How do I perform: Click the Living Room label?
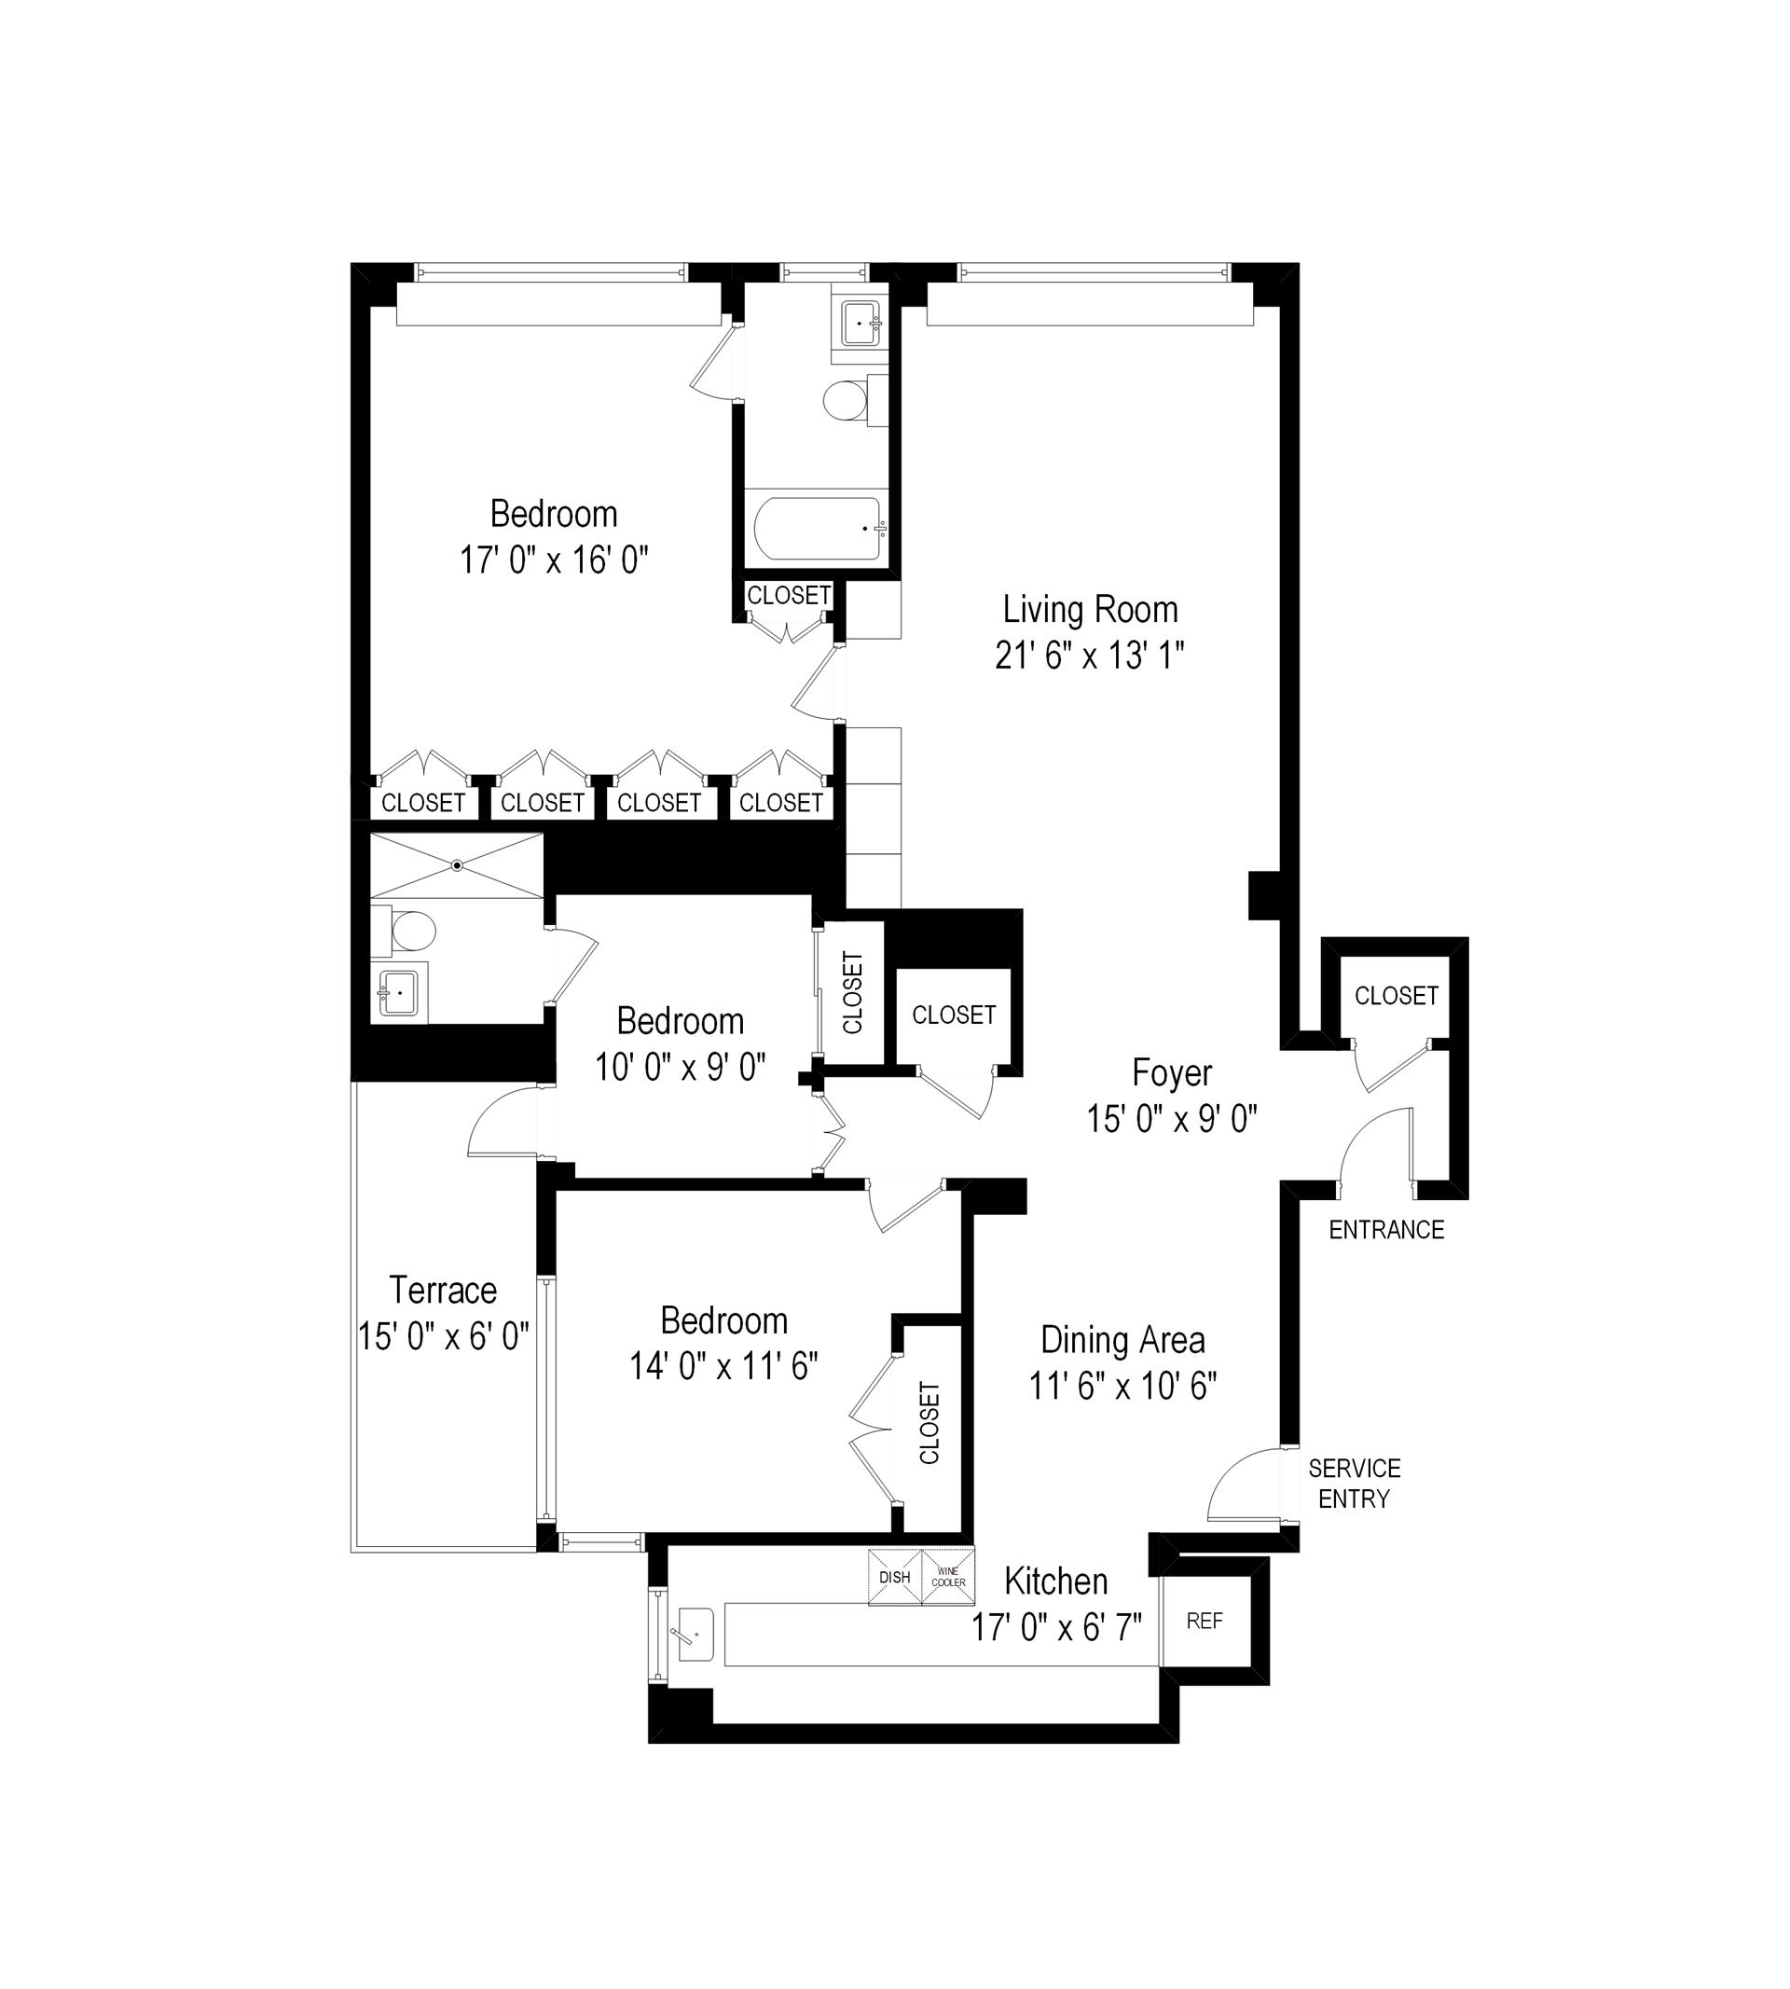pos(1090,610)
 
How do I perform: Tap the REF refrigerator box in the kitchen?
pos(1204,1621)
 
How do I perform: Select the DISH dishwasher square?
pos(894,1577)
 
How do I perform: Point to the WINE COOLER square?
pos(948,1577)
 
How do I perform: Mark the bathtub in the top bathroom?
pos(819,528)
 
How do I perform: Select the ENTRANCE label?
pos(1385,1230)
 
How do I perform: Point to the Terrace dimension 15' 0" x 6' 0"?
pos(444,1337)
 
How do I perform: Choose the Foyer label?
pos(1171,1072)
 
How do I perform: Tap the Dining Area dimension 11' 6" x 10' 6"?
pos(1122,1386)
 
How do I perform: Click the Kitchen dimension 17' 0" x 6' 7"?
pos(1056,1628)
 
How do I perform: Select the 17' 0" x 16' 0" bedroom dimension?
pos(554,560)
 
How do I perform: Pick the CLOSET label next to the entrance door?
pos(1396,996)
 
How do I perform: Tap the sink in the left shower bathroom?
pos(398,993)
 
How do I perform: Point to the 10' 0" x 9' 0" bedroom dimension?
pos(680,1068)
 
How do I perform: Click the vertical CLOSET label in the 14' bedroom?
pos(929,1422)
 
